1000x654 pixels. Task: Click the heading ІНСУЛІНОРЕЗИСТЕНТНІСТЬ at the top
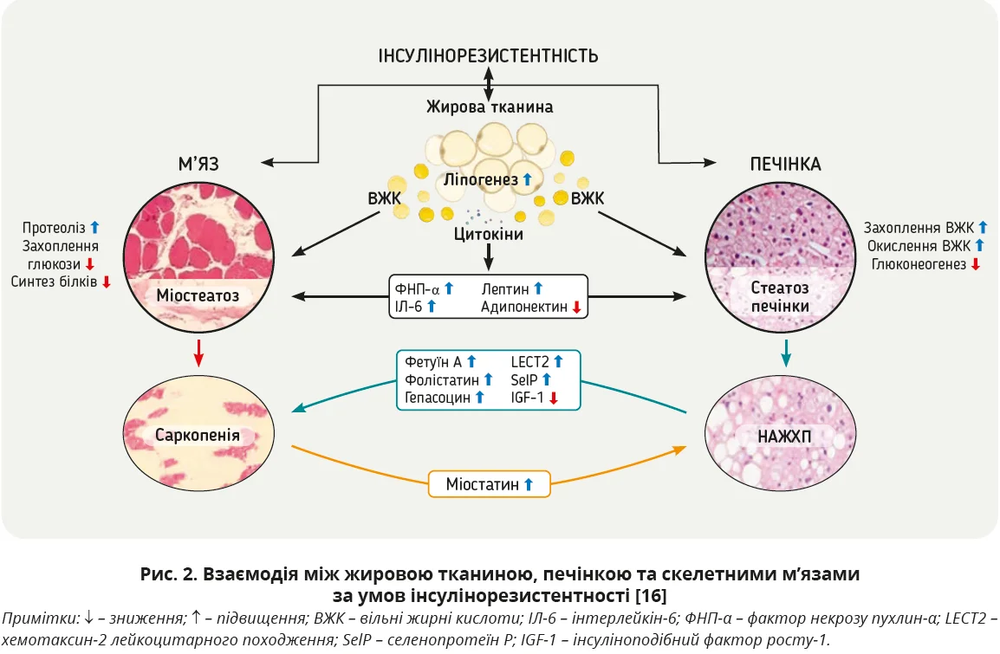488,56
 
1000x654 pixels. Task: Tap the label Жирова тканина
489,107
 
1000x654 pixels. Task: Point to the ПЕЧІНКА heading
785,164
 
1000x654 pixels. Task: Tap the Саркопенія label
197,432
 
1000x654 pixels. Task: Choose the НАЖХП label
784,436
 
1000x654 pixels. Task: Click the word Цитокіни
489,234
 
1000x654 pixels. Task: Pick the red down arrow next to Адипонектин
574,307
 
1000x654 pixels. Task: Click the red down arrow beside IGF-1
552,398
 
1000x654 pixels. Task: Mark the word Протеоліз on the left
55,228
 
